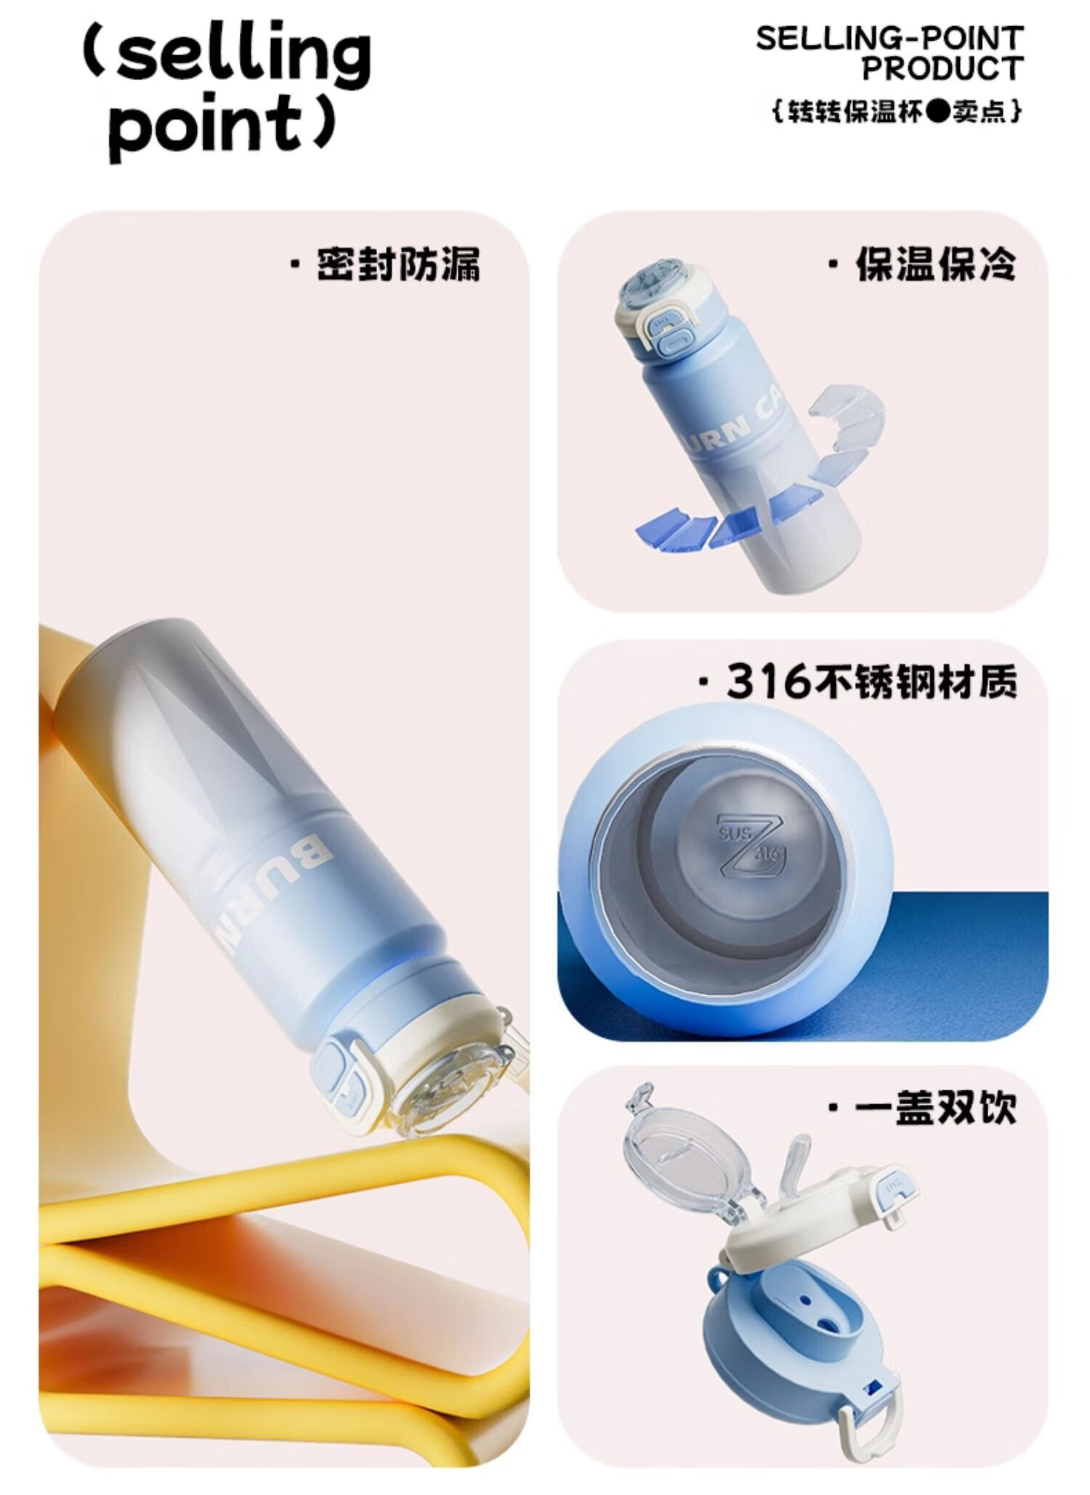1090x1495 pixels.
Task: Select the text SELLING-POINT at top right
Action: click(889, 39)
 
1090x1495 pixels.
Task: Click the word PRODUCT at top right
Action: click(942, 69)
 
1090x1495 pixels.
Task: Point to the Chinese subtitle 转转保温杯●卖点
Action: click(897, 111)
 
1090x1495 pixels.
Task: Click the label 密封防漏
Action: click(398, 264)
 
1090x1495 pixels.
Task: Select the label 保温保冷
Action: click(936, 264)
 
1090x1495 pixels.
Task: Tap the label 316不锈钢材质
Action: click(871, 681)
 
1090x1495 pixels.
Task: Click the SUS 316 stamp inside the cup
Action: click(748, 843)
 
